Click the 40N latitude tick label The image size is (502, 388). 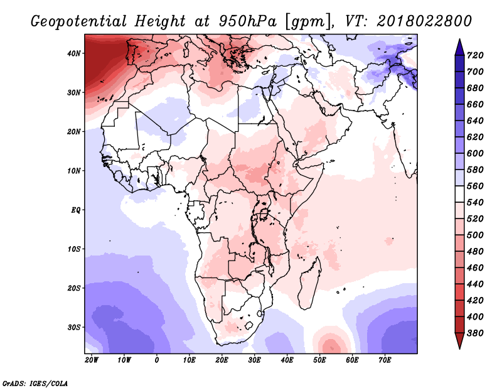click(74, 53)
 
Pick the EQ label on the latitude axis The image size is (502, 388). click(75, 210)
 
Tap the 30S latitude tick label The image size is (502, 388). click(74, 327)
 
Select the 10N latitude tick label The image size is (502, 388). click(74, 171)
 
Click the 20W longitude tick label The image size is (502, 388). click(91, 360)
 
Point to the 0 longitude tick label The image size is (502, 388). click(156, 360)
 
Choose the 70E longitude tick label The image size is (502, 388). click(385, 360)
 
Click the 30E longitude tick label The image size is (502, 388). click(254, 360)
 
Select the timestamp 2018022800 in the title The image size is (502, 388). click(424, 21)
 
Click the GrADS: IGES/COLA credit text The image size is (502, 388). click(34, 382)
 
